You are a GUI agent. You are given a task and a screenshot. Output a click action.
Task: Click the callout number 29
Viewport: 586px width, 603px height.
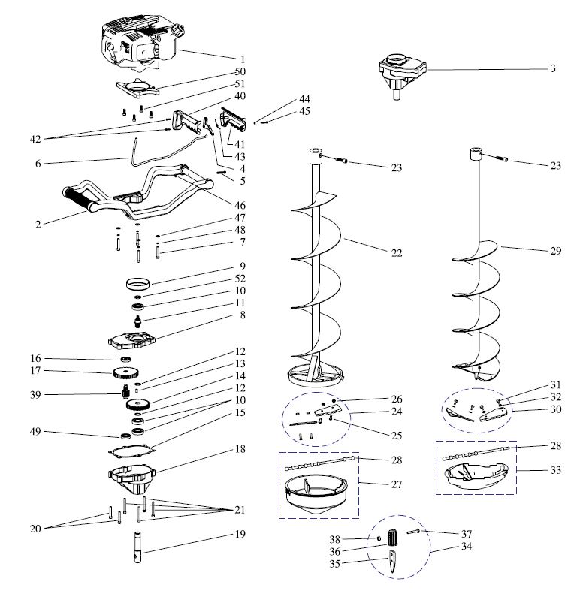[x=555, y=251]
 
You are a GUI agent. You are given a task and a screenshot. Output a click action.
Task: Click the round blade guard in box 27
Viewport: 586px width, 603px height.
[x=317, y=496]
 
